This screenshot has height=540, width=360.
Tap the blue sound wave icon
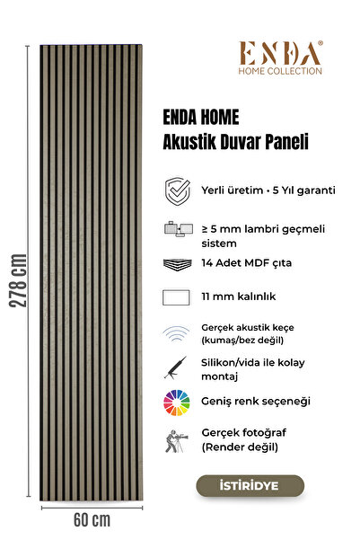176,335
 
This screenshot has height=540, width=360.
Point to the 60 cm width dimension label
88,520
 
